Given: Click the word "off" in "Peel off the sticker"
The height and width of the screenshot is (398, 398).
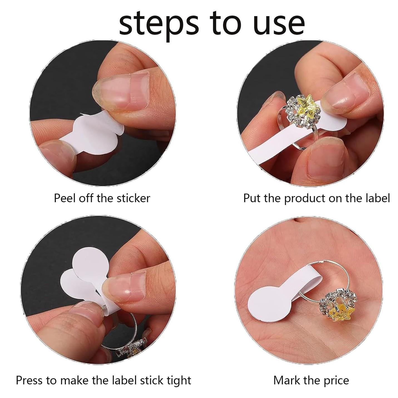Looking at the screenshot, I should (x=86, y=198).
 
